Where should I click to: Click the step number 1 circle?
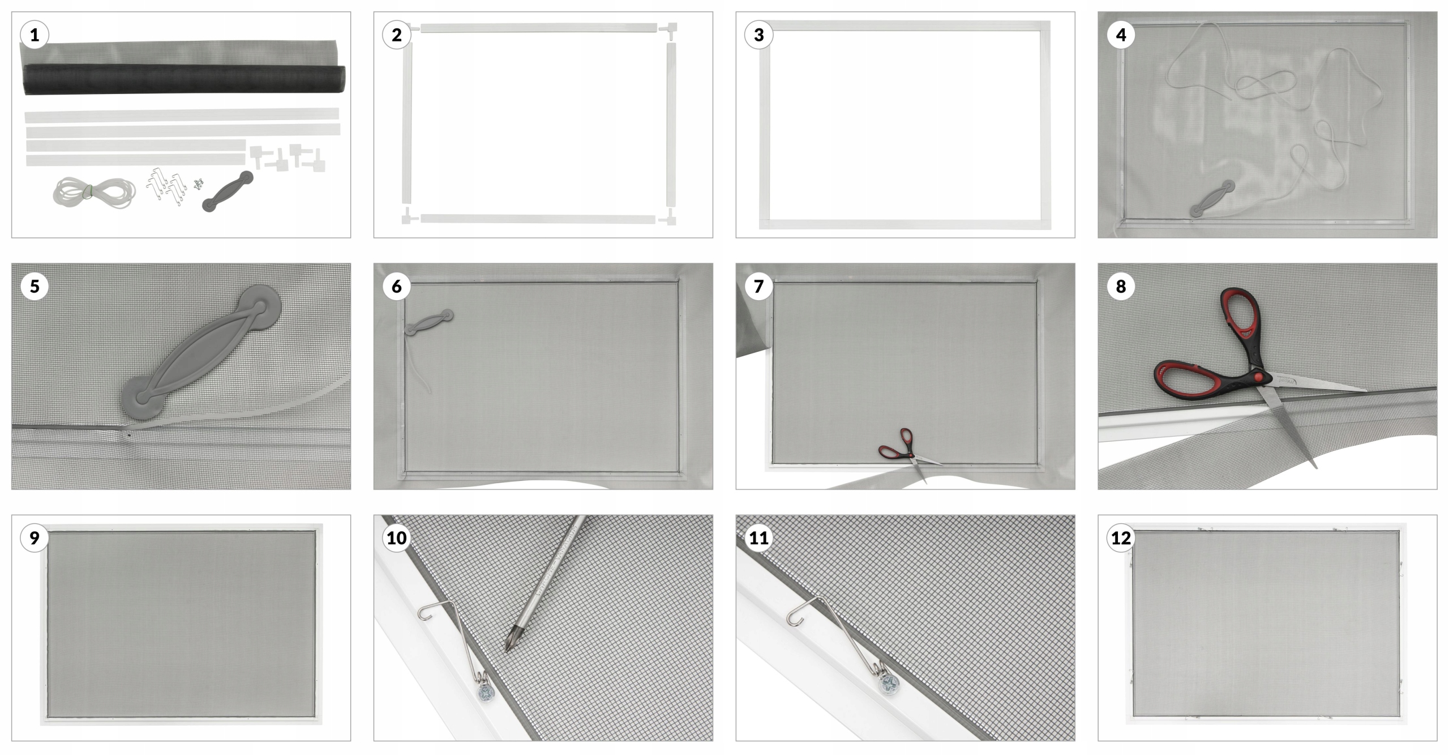click(35, 35)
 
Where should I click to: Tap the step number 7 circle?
click(759, 287)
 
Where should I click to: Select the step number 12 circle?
click(1121, 538)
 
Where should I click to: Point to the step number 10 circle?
click(397, 538)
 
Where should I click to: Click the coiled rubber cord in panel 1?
click(95, 193)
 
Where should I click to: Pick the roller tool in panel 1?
click(228, 191)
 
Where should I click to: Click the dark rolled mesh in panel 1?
click(184, 80)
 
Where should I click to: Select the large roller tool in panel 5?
click(201, 351)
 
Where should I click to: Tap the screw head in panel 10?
click(485, 693)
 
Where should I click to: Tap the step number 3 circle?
click(759, 35)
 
